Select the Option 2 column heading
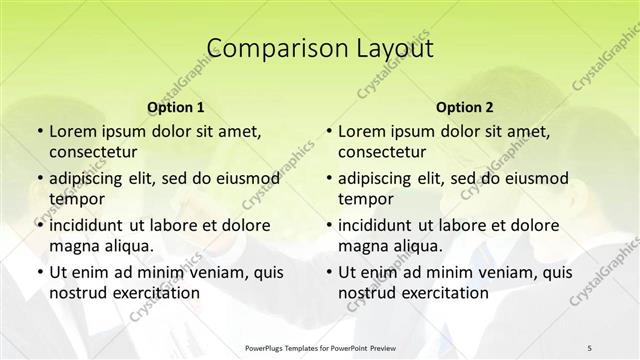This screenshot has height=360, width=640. [465, 107]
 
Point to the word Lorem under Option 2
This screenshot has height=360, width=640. [361, 132]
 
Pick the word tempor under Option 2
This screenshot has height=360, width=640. [366, 198]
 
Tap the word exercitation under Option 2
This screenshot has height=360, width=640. [441, 292]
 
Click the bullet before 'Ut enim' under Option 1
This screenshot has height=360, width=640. [38, 272]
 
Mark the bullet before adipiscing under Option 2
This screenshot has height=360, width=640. [328, 179]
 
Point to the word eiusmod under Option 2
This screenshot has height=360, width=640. [531, 179]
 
